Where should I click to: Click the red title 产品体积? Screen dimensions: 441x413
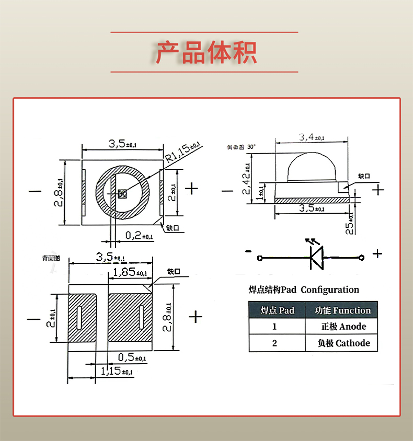click(206, 52)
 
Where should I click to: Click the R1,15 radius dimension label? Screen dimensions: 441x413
click(183, 150)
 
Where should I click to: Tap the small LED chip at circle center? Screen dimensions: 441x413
click(123, 194)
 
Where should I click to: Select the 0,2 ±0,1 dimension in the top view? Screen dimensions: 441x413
click(139, 236)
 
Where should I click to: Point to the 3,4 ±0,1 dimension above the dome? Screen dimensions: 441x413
click(312, 137)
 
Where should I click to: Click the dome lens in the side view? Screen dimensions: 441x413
click(311, 167)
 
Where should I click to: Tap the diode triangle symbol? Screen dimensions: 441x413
click(316, 258)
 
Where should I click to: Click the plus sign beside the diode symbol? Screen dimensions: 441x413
click(377, 254)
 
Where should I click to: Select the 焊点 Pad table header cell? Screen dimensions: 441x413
click(277, 310)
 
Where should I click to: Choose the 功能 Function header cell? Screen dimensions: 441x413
click(342, 310)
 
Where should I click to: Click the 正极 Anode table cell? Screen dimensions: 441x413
click(342, 327)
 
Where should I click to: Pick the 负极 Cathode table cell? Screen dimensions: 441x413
click(342, 343)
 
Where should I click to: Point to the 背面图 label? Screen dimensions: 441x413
click(51, 258)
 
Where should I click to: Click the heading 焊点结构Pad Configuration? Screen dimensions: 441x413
click(304, 290)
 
